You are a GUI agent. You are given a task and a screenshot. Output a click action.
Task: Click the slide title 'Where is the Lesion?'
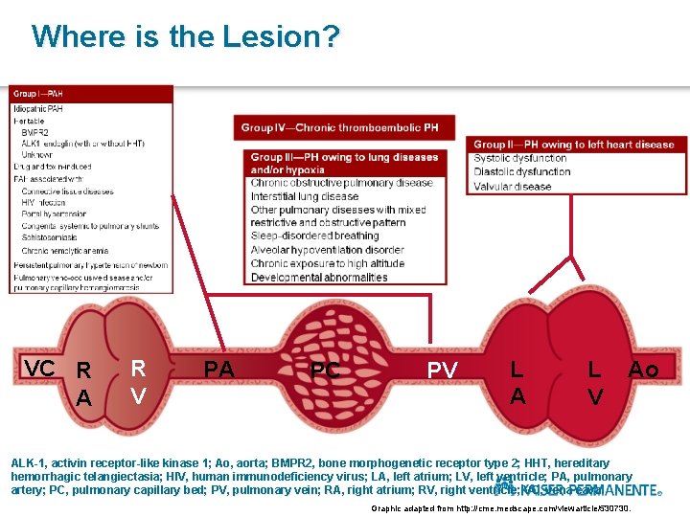(185, 36)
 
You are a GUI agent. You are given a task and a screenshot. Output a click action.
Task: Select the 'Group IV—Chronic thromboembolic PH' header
(339, 127)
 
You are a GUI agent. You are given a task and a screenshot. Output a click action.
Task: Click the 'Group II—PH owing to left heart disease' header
(574, 145)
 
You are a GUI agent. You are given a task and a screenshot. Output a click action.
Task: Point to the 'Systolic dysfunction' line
(520, 159)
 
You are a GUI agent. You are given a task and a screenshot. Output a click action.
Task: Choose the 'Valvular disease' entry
(513, 187)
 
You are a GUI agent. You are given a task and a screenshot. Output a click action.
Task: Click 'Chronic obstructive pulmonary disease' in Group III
(342, 183)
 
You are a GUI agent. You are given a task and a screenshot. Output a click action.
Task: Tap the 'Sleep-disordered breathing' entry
(314, 236)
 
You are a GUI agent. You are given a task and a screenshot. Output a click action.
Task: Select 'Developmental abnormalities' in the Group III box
(319, 278)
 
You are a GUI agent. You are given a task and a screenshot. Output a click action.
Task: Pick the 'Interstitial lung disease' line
(305, 196)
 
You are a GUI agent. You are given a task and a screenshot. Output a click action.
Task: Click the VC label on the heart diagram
(39, 369)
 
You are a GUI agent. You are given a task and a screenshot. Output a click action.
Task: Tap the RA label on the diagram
(84, 384)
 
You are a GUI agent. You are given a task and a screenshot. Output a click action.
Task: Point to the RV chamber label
(139, 381)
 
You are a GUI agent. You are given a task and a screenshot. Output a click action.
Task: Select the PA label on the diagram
(218, 369)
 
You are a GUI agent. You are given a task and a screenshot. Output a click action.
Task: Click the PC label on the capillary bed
(326, 370)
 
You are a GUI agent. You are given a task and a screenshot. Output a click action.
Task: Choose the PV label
(442, 370)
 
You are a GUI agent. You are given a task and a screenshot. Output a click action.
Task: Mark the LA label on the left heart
(517, 381)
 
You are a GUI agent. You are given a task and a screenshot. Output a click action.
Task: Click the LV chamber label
(595, 382)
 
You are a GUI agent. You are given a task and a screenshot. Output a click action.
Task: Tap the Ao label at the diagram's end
(643, 370)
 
